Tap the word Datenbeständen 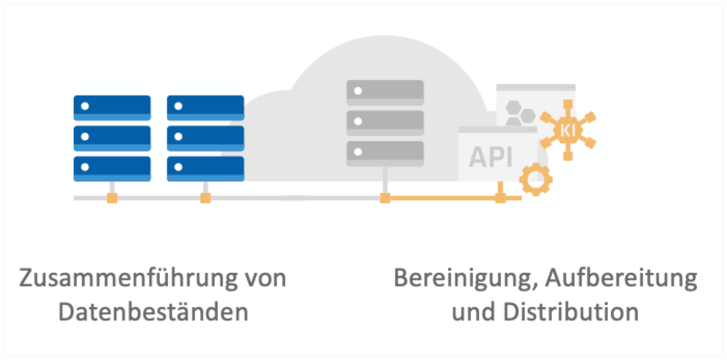(x=153, y=312)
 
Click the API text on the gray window (x=491, y=156)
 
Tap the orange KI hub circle (x=567, y=130)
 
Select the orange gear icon (x=535, y=179)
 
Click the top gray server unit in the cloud (x=385, y=92)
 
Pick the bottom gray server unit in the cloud (x=385, y=154)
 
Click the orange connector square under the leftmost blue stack (x=111, y=198)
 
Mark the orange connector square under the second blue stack (x=205, y=198)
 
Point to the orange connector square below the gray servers (x=385, y=198)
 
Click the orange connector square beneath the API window (x=500, y=198)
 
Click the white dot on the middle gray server (x=357, y=122)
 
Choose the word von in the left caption (x=262, y=279)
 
